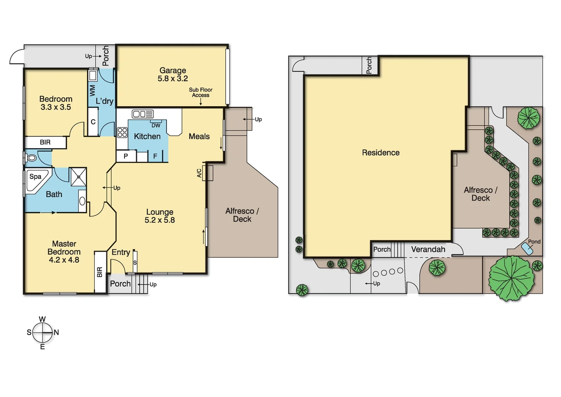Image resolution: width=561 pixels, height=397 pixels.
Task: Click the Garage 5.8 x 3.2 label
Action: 172,75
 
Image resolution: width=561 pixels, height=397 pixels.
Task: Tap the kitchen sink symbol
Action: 143,114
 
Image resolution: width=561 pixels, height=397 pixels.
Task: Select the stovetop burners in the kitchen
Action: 122,132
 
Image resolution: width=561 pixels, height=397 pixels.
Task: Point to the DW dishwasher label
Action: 156,125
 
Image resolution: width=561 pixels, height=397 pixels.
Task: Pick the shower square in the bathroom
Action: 78,177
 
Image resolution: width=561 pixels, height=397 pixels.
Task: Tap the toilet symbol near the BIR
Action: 32,158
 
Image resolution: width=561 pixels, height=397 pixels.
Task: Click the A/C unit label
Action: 199,173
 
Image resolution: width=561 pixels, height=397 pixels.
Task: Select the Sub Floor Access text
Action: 201,92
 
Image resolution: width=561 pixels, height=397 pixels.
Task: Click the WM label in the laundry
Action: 92,90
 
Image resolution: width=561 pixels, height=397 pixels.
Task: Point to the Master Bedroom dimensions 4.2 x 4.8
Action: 64,260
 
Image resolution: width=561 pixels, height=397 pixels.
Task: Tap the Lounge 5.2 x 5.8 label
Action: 160,216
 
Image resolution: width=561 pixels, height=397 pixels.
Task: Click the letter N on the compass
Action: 56,332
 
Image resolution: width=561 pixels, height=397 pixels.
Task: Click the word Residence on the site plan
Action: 380,153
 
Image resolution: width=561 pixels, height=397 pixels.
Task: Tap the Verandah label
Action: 428,249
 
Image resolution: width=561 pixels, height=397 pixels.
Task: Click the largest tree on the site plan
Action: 511,278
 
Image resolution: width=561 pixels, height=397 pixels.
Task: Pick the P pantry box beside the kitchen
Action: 125,156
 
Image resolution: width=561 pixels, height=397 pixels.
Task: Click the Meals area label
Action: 199,136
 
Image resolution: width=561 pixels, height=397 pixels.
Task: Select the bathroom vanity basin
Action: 82,201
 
